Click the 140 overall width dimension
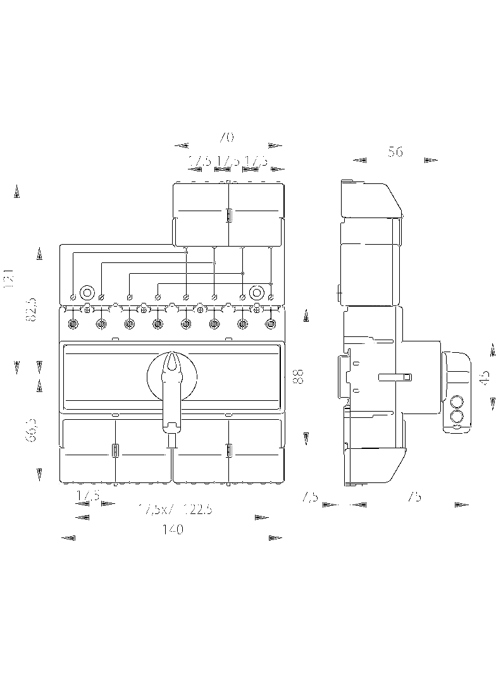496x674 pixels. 172,530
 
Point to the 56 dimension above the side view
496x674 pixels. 395,152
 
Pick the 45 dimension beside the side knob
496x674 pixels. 485,377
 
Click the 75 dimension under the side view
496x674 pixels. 414,497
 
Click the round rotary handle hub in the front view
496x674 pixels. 172,376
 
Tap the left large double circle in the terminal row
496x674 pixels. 87,293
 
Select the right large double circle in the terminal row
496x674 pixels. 257,293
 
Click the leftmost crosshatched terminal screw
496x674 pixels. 73,325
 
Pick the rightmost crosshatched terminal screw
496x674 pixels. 271,325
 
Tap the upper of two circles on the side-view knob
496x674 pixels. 456,401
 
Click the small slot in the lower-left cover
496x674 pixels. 115,451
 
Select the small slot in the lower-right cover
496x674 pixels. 228,451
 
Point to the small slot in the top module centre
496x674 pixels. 228,215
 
